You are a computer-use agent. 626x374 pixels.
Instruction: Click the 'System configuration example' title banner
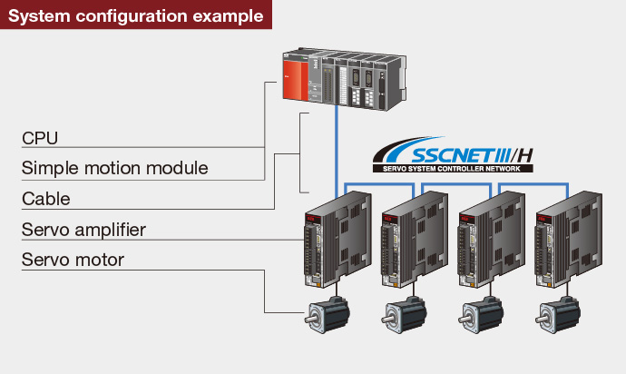click(136, 15)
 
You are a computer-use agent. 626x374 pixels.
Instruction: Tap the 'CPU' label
click(40, 138)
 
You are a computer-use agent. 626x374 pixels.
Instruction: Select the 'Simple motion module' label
click(114, 168)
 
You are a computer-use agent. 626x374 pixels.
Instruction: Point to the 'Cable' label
click(45, 198)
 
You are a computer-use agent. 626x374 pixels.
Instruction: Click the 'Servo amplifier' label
click(83, 229)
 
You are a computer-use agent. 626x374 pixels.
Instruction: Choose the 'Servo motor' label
click(73, 261)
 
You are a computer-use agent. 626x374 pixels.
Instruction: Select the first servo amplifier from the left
click(337, 241)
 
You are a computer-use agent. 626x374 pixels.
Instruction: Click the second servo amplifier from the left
click(414, 241)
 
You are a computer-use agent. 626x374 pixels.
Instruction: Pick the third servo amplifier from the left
click(491, 241)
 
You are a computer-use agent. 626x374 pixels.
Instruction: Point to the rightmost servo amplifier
click(568, 241)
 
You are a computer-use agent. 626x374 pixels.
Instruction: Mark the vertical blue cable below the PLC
click(337, 136)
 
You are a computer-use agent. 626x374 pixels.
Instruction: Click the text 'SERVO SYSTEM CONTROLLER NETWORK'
click(454, 167)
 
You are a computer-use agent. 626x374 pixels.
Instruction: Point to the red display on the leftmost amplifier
click(311, 220)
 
